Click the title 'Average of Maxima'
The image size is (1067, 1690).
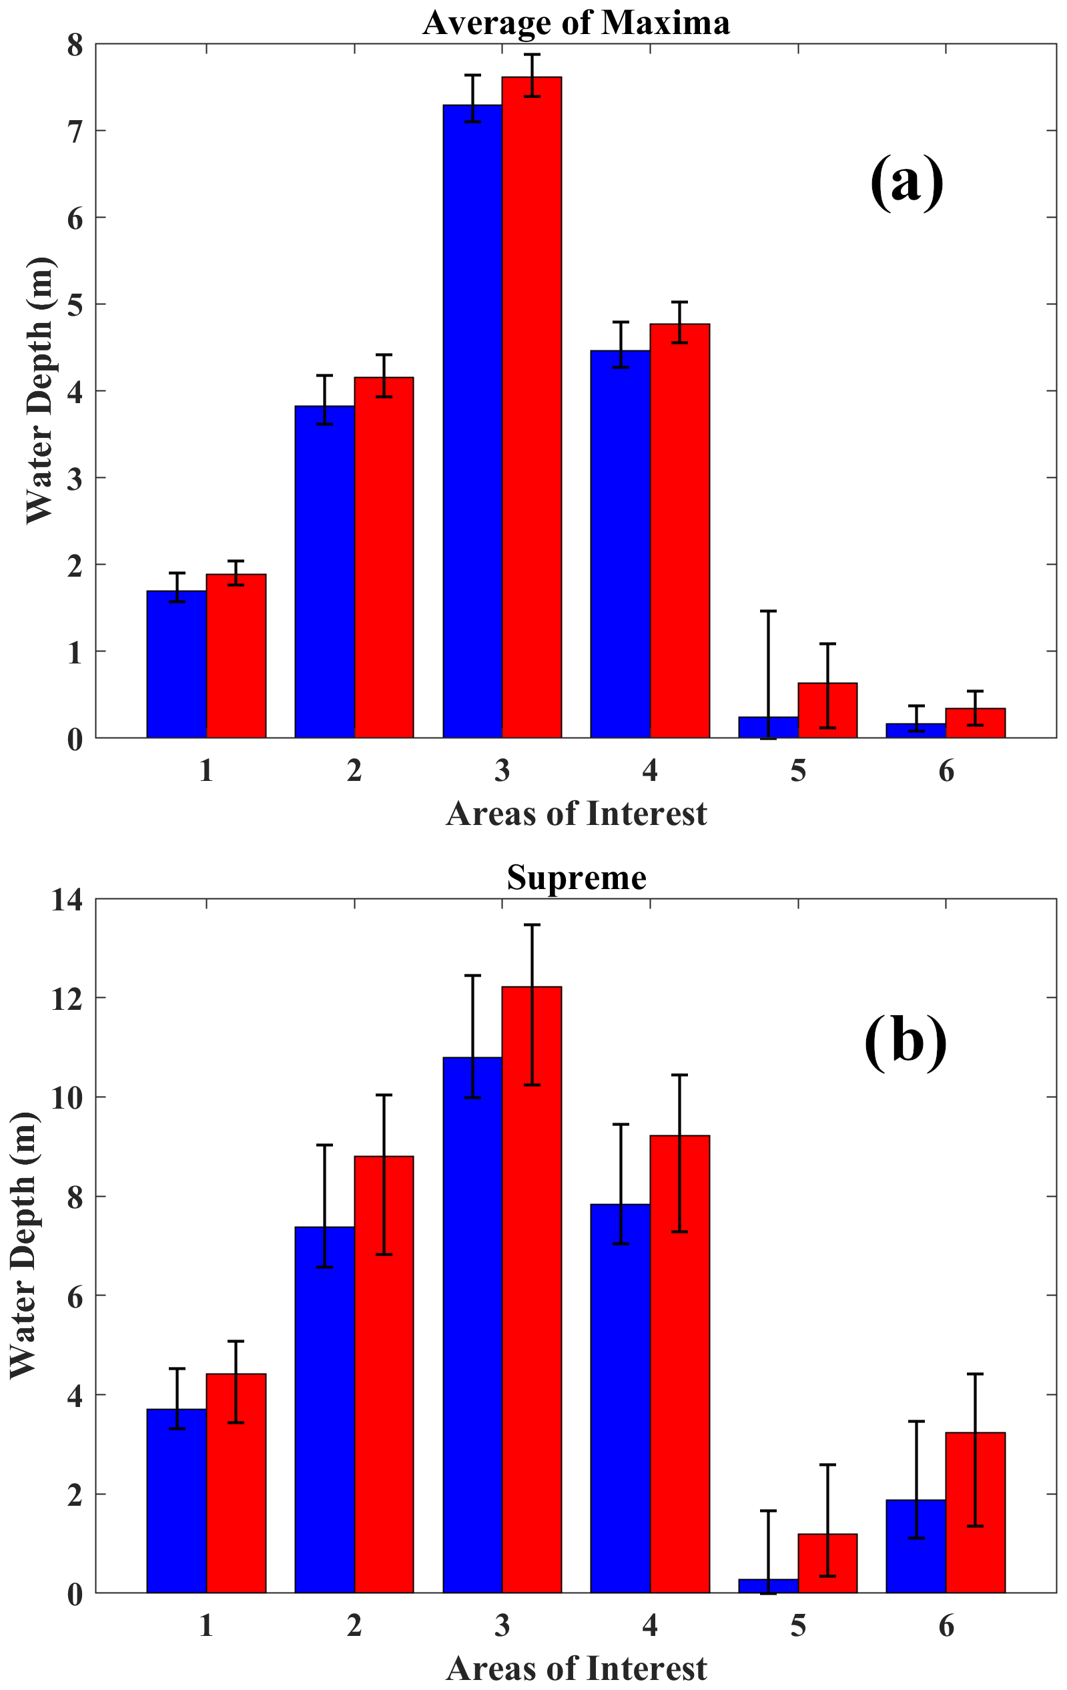point(576,23)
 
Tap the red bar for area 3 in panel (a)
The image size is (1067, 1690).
point(532,407)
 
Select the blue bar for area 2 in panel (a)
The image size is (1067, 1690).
point(324,572)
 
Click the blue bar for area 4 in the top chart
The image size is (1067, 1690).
point(620,544)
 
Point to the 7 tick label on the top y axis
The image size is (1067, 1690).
point(74,131)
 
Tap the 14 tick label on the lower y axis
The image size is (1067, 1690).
point(67,900)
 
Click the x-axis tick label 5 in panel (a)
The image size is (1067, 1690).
point(797,772)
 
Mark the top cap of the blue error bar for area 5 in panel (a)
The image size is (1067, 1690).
point(768,611)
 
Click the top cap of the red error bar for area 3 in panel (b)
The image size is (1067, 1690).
point(532,925)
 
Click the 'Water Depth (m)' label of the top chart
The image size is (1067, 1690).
point(39,390)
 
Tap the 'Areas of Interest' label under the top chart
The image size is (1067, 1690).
point(576,814)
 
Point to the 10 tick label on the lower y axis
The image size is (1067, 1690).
point(67,1097)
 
